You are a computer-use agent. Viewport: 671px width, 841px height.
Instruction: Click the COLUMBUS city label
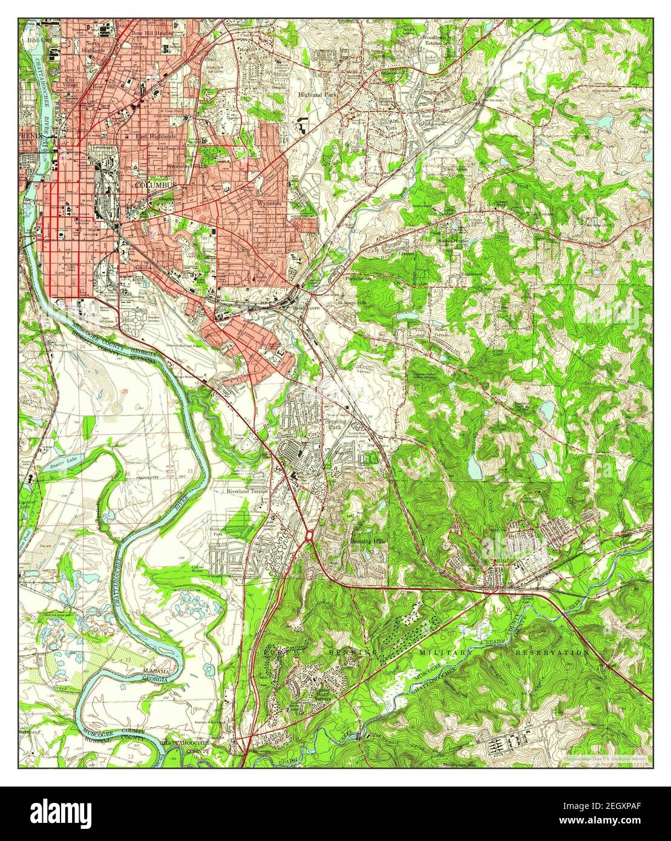tap(155, 185)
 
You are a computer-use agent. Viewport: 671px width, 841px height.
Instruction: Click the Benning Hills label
tap(367, 541)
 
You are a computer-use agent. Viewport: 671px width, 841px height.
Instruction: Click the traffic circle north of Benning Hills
tap(309, 535)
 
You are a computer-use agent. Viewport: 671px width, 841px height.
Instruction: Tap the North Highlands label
tap(93, 47)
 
